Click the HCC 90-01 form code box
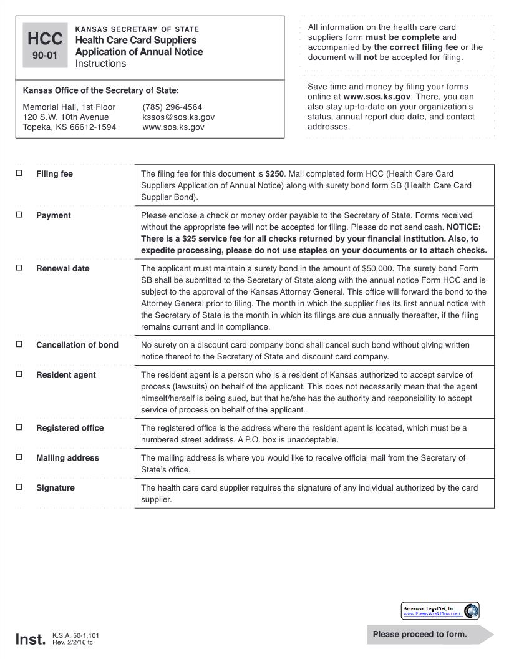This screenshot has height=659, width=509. tap(45, 46)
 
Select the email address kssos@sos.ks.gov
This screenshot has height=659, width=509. tap(178, 117)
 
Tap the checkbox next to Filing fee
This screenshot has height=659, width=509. tap(19, 173)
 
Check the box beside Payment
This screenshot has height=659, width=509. tap(19, 215)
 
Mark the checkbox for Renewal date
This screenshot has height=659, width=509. tap(19, 268)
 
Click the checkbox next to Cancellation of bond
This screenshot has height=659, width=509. tap(19, 344)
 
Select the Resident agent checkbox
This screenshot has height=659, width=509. tap(19, 374)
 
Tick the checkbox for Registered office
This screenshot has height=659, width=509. tap(19, 427)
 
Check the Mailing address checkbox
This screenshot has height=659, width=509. tap(19, 457)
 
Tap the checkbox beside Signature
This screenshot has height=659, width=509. tap(19, 487)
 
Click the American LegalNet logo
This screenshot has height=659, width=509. tap(440, 611)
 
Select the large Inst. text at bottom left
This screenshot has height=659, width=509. tap(31, 639)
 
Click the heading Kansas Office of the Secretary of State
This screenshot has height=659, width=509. tap(100, 90)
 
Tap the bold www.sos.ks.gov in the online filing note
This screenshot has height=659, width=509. tap(377, 97)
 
